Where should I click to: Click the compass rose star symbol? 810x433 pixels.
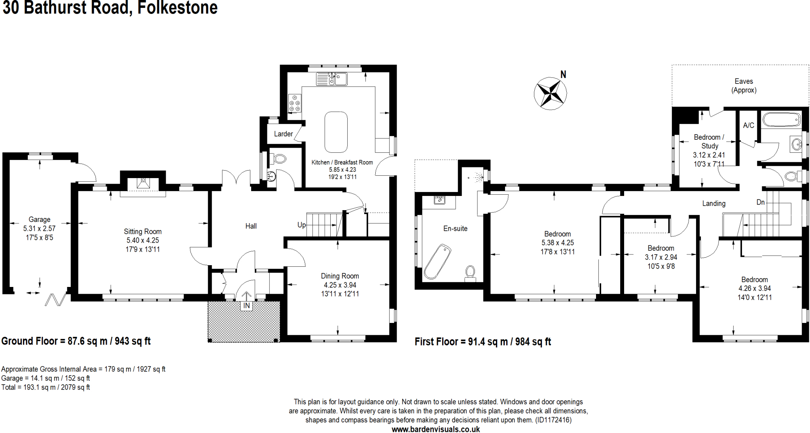550,94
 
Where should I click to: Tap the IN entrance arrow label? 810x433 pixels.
246,306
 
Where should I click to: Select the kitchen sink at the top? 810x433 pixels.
331,79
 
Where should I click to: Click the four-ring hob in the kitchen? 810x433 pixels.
295,103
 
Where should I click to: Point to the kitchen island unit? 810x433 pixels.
336,132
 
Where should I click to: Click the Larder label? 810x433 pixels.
283,134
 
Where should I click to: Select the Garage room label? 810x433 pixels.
39,219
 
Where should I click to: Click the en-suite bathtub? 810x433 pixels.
437,262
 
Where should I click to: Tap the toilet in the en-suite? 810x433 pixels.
470,273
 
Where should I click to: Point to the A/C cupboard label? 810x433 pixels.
748,125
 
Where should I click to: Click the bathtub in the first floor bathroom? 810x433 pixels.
782,119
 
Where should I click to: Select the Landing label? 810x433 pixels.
713,203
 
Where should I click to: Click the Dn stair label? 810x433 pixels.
760,202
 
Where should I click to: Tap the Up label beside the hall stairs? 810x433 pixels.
301,225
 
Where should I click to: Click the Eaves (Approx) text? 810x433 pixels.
744,85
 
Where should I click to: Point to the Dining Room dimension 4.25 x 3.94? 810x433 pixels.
340,285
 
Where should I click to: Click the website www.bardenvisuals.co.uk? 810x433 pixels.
435,429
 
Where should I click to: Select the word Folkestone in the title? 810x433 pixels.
177,8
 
